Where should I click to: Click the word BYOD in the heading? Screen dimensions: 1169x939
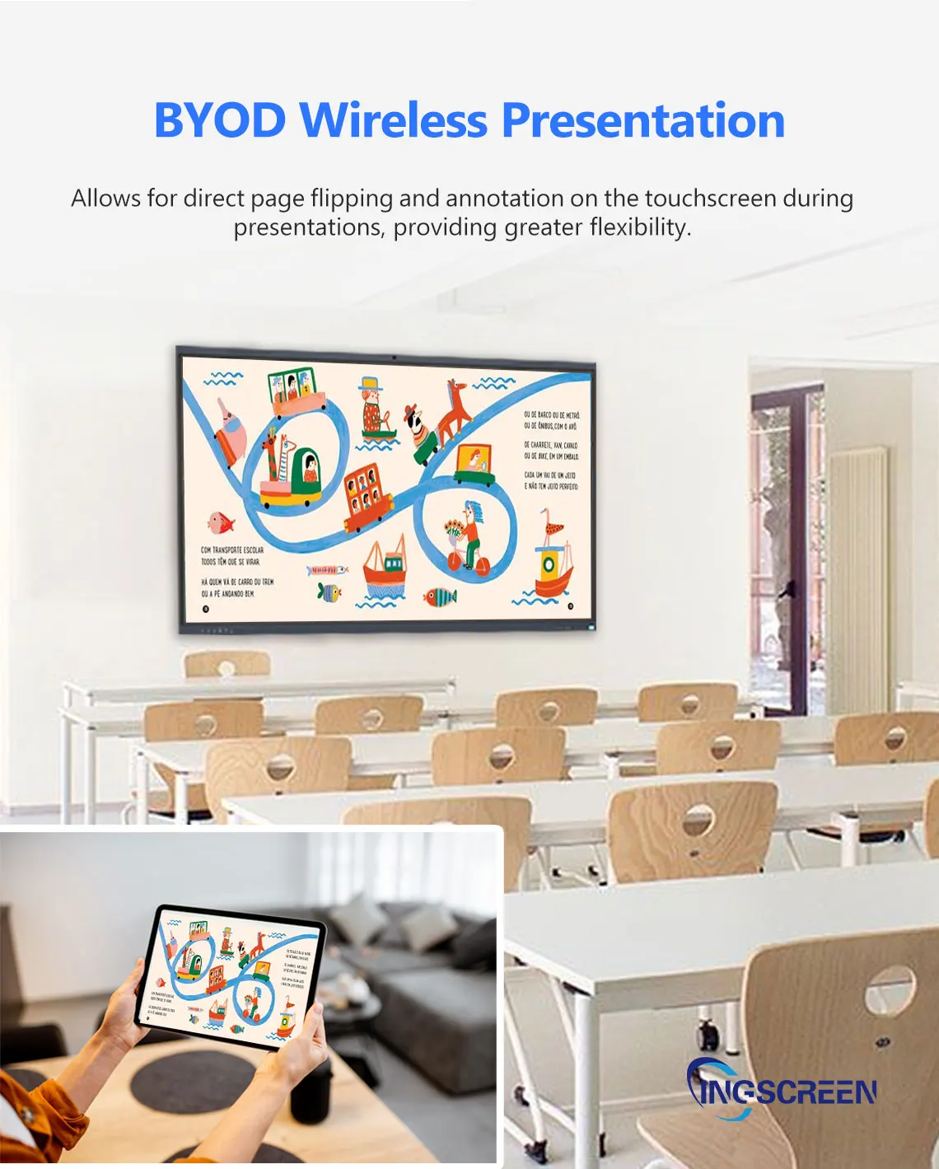(219, 120)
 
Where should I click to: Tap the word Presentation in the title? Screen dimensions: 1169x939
(642, 120)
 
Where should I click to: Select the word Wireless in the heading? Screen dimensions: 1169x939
(394, 120)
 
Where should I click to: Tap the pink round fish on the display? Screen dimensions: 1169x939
(220, 522)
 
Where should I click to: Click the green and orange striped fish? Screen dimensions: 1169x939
(441, 596)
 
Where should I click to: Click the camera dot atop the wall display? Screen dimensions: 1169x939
(394, 358)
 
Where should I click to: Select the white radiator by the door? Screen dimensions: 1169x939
(857, 577)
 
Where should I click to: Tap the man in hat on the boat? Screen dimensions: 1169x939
(373, 408)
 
